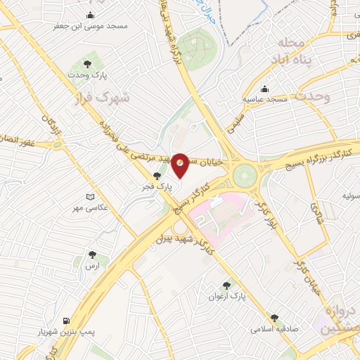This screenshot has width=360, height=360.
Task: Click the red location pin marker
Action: tap(180, 164)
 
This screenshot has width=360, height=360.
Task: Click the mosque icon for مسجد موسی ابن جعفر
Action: tap(90, 15)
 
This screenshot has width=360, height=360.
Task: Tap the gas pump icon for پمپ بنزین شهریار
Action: tap(67, 320)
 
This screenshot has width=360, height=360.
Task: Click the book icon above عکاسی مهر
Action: tap(88, 198)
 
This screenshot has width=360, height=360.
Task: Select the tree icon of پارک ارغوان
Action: tap(226, 285)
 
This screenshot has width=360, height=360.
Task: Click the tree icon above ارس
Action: tap(91, 255)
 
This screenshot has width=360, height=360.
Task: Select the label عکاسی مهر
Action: tap(88, 209)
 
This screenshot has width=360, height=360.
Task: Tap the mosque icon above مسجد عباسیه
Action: tap(264, 89)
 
